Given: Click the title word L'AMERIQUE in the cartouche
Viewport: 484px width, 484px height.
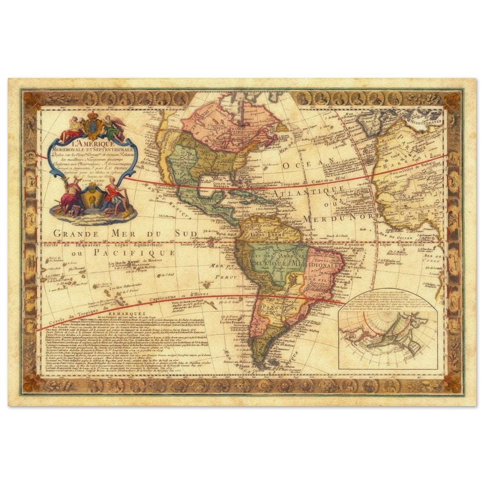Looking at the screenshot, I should pos(92,143).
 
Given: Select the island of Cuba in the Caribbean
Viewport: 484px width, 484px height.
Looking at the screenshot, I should pos(242,196).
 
